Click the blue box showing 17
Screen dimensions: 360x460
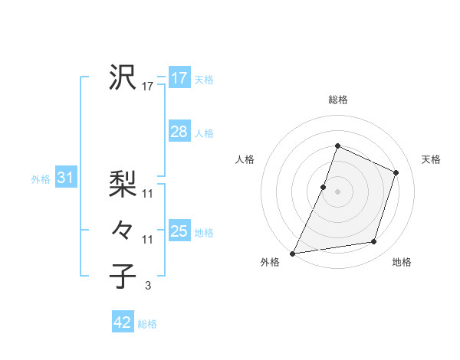(x=179, y=78)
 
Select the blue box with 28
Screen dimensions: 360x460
(x=179, y=132)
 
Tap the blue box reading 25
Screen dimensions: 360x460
(x=179, y=231)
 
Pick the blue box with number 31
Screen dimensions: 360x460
(x=65, y=178)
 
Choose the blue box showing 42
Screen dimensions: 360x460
(x=123, y=322)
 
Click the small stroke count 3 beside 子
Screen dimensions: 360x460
(x=148, y=286)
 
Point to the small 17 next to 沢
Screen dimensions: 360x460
(x=148, y=87)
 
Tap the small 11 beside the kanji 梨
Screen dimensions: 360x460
(x=148, y=194)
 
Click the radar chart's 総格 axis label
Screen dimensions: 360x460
(x=337, y=100)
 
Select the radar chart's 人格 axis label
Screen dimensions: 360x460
(x=245, y=159)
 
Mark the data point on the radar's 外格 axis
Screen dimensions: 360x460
(x=292, y=253)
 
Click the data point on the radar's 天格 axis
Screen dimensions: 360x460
(x=396, y=172)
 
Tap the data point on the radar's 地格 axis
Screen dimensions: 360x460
(x=374, y=242)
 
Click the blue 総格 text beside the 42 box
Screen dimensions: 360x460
(x=147, y=324)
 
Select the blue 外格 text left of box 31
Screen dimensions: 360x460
(x=41, y=179)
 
